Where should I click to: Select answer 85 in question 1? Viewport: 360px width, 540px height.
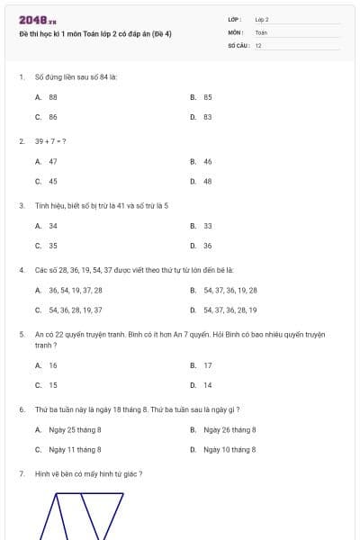pos(207,96)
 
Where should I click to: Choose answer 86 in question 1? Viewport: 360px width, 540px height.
pos(53,117)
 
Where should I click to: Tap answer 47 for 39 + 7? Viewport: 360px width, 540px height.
pos(53,161)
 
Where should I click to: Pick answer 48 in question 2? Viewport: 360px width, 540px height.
pos(207,182)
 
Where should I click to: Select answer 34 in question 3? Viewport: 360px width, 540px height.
pos(53,226)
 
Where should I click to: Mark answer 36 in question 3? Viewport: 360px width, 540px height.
pos(207,246)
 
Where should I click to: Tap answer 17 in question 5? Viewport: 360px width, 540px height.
pos(207,365)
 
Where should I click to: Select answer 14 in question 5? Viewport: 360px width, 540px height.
pos(207,385)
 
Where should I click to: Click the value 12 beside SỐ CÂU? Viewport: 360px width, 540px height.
pos(259,44)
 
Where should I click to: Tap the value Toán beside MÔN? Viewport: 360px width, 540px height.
pos(261,31)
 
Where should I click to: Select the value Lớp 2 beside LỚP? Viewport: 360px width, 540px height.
pos(262,19)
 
